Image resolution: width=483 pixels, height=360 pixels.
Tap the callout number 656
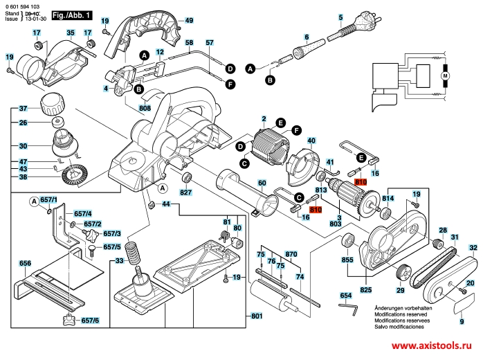pos(25,263)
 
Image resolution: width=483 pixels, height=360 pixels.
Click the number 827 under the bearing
pos(185,192)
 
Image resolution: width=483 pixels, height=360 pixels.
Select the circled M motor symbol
pos(446,74)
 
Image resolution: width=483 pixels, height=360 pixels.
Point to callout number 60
pos(262,183)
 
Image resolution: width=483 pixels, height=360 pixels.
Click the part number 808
pos(145,108)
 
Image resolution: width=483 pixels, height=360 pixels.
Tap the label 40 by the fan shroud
pos(311,141)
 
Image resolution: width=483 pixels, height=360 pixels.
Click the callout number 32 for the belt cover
pos(473,248)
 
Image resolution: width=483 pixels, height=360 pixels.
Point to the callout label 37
pos(23,109)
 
